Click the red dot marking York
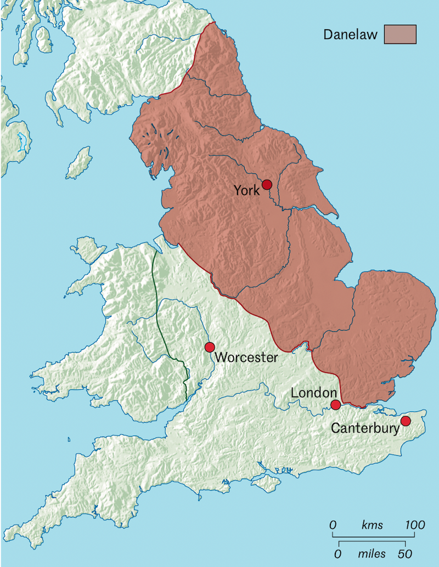(267, 185)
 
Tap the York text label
(246, 191)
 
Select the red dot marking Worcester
(209, 347)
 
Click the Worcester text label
(246, 358)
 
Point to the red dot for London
(335, 405)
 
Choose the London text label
(313, 393)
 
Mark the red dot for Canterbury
(406, 421)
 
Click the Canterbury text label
(365, 428)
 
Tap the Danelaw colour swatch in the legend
(400, 34)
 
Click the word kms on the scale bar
(373, 525)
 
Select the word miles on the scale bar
(373, 553)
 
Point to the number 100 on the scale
(415, 525)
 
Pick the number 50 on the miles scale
(405, 553)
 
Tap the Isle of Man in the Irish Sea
(78, 163)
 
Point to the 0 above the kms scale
(333, 525)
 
